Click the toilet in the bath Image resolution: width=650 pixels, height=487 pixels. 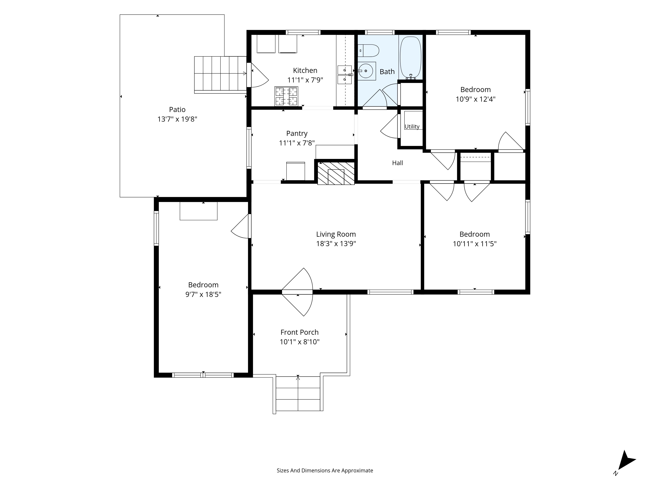click(x=369, y=50)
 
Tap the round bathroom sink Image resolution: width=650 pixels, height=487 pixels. click(x=366, y=71)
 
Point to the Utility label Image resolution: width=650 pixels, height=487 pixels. click(x=412, y=126)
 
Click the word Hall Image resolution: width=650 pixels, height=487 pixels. click(x=398, y=163)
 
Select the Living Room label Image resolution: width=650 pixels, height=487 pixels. click(x=336, y=234)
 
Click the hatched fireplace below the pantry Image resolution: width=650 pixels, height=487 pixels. click(x=336, y=173)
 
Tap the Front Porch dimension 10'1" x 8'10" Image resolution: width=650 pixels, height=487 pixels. click(x=299, y=342)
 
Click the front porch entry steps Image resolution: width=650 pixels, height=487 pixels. click(x=298, y=394)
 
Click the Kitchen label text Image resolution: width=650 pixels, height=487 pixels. click(x=305, y=70)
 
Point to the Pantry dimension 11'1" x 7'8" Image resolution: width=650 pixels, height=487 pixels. click(x=297, y=143)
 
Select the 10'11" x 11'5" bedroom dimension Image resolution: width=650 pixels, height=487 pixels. click(x=474, y=244)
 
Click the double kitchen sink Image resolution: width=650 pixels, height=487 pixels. click(x=345, y=75)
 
